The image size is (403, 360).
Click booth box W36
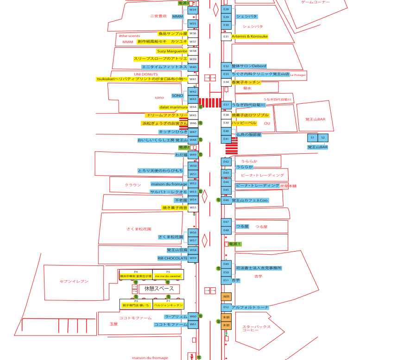point(193,33)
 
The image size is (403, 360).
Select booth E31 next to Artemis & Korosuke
point(226,36)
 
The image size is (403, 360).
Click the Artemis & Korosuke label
point(250,36)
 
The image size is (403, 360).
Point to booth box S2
point(323,138)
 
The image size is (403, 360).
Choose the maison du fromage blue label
point(169,184)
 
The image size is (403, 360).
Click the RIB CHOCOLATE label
point(172,258)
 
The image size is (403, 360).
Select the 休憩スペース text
point(159,288)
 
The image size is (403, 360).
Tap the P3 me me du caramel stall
point(168,275)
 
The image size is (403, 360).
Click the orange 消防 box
point(226,296)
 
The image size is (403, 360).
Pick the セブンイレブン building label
point(74,281)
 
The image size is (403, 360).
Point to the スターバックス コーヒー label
point(256,328)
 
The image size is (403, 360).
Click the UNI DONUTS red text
point(146,74)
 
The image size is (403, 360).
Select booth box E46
point(226,200)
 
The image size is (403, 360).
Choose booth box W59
point(193,258)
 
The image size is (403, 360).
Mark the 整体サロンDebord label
point(249,66)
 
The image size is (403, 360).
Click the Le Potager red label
point(298,75)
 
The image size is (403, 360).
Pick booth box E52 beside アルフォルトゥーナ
point(226,307)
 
